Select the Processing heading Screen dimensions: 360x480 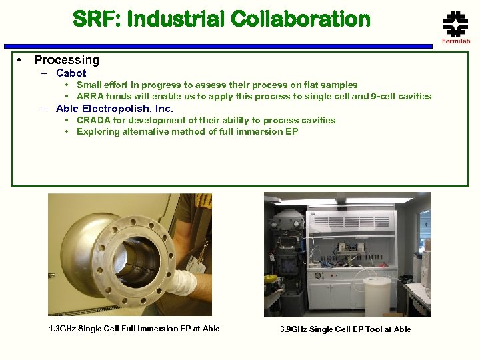click(x=67, y=60)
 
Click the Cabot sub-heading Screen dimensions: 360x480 click(x=71, y=73)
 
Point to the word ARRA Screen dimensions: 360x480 click(x=90, y=96)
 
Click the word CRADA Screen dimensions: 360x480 click(x=92, y=120)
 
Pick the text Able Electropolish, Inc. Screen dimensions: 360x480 click(x=114, y=108)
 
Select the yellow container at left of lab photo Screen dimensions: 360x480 click(x=271, y=279)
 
